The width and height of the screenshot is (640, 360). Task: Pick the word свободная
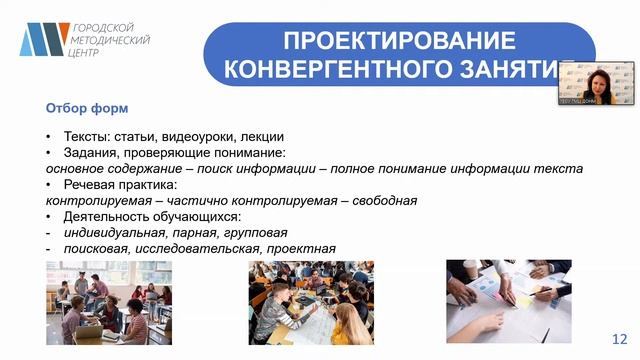[382, 201]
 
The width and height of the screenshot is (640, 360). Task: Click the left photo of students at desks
[108, 303]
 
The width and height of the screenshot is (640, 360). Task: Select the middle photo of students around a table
[311, 303]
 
